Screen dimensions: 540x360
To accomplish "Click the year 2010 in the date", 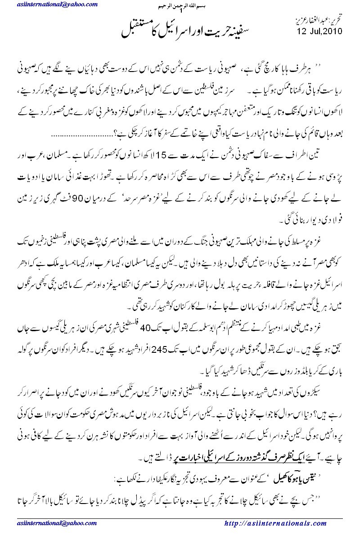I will [x=333, y=31].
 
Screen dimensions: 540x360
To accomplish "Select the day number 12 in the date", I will [x=301, y=31].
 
